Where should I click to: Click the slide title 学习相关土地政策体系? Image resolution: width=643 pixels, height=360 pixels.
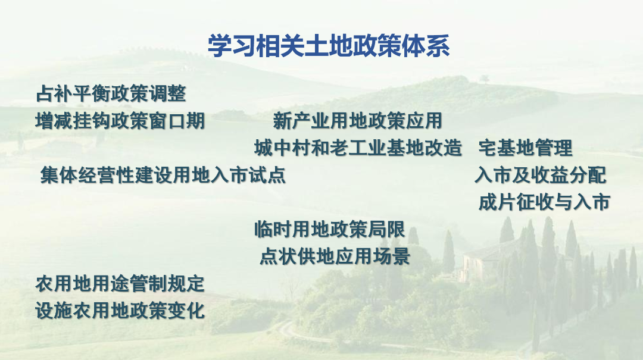(x=328, y=46)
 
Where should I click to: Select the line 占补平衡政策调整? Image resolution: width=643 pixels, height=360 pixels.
(x=111, y=93)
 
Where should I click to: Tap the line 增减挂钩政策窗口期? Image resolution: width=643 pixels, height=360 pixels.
(x=120, y=121)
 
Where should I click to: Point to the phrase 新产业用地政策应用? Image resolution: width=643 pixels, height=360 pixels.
(x=358, y=121)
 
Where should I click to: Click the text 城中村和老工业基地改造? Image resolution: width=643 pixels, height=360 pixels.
(x=358, y=148)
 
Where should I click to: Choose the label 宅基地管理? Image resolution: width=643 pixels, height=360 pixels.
(x=525, y=148)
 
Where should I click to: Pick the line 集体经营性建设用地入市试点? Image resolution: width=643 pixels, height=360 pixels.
(x=163, y=175)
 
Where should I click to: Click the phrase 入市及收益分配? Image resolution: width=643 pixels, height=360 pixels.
(x=541, y=175)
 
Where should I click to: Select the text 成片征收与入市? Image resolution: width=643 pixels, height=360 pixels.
(x=544, y=202)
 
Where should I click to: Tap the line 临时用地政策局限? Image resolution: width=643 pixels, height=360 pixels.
(x=330, y=229)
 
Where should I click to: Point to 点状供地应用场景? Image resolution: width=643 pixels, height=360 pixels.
(x=335, y=256)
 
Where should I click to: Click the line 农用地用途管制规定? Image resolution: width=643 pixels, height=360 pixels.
(x=120, y=283)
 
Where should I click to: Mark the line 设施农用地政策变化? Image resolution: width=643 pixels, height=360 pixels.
(x=120, y=311)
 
